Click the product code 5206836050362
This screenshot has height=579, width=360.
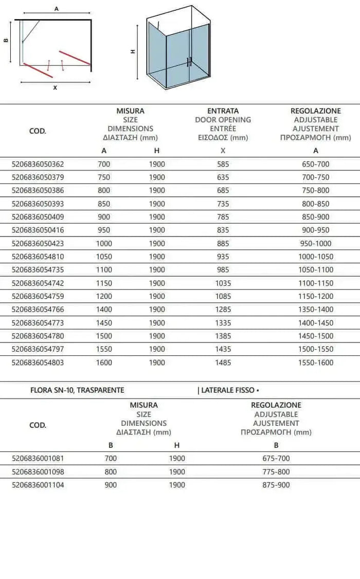(38, 164)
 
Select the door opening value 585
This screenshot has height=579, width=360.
(223, 164)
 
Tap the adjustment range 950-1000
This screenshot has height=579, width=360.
(316, 243)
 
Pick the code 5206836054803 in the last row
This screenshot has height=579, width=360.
(38, 363)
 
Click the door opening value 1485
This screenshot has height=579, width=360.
(223, 363)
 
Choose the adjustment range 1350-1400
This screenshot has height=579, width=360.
(316, 310)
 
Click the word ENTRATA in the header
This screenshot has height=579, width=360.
(223, 111)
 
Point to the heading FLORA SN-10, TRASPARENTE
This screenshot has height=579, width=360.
(78, 390)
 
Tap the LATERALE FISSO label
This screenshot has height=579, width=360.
(227, 390)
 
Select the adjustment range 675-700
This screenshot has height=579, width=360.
(276, 458)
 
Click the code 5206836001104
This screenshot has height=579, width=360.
(38, 485)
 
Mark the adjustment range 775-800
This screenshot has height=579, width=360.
(276, 472)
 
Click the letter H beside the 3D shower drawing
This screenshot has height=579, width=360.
(133, 51)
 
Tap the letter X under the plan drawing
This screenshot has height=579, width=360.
(55, 88)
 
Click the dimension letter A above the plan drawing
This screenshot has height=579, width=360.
(56, 9)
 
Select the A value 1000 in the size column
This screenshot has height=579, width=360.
(104, 243)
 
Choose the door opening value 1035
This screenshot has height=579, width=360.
(223, 283)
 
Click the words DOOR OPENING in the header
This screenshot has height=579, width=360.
(223, 120)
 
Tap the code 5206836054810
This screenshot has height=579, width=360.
(38, 257)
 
